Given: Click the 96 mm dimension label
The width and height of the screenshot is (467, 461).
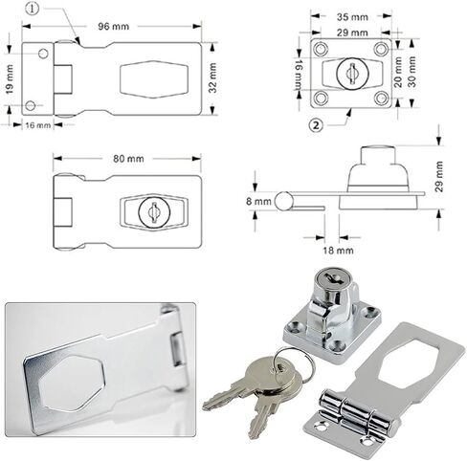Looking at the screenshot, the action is tap(114, 26).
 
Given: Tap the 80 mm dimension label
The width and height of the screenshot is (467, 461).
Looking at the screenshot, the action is tap(128, 159).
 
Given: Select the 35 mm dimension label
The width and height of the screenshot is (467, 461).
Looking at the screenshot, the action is tap(352, 16).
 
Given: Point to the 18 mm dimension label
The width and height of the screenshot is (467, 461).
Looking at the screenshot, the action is tap(338, 251).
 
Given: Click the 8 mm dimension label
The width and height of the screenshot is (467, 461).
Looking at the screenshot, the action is tap(258, 202).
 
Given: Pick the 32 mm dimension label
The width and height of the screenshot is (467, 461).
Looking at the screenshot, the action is tap(212, 78).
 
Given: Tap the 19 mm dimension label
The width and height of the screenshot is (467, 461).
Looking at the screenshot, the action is tap(10, 79).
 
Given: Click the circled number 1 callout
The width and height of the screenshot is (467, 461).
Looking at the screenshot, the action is tap(32, 9).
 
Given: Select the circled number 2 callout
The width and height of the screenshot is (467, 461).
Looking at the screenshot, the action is tap(316, 125).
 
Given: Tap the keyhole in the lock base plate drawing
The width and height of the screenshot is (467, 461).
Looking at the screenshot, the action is tap(352, 74).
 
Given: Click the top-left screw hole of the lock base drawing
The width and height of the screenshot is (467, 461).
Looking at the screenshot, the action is tap(321, 49).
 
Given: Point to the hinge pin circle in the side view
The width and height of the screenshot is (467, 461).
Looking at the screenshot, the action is tap(283, 201).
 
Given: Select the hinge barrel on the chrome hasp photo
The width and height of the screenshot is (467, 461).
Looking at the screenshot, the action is tap(358, 412).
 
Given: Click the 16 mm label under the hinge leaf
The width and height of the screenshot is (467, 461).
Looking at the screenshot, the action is tap(38, 125).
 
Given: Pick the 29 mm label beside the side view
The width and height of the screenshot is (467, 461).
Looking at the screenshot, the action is tap(439, 176).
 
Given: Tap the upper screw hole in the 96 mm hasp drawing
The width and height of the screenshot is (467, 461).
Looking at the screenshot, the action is tap(43, 54).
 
